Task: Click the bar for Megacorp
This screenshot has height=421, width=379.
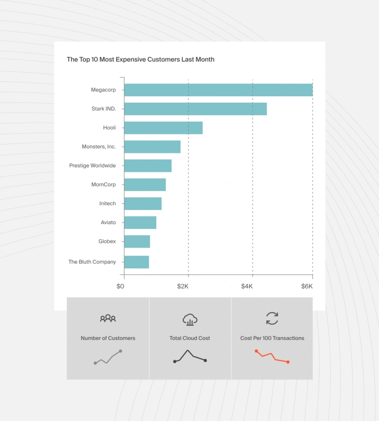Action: point(218,90)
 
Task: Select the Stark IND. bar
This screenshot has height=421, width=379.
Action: point(195,109)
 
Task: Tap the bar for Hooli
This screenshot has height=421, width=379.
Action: point(163,128)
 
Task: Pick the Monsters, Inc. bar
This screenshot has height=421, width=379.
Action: point(152,147)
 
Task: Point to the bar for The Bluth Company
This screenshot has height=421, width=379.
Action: point(136,262)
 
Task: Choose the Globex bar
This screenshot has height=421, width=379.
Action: point(137,241)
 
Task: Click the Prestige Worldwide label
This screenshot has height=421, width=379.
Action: point(92,166)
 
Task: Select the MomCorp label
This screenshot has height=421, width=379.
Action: point(104,185)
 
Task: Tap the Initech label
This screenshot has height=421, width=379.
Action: point(108,204)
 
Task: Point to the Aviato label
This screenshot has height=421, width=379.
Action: point(109,222)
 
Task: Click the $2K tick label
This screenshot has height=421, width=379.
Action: point(183,286)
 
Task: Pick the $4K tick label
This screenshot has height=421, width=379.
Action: point(247,286)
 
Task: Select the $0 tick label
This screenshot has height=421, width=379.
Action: point(120,286)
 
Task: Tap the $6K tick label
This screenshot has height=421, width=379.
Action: point(307,286)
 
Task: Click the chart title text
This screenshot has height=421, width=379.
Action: point(141,60)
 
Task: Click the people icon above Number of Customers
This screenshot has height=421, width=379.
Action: point(108,318)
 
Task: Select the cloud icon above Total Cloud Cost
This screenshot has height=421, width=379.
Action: point(190,319)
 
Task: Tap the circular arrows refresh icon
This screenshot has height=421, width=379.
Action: point(272,318)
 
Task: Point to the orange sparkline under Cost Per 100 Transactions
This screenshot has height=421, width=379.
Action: point(272,356)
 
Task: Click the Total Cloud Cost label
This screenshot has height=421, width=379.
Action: point(190,338)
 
